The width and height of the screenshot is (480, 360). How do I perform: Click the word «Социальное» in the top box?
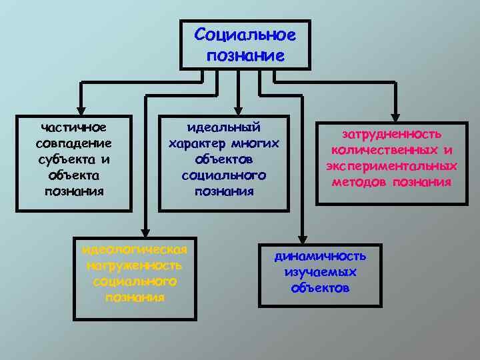[245, 34]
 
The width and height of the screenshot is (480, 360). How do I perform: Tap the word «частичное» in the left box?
[73, 127]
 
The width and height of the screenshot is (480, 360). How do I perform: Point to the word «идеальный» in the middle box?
[224, 127]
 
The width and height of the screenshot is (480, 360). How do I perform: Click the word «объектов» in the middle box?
[224, 159]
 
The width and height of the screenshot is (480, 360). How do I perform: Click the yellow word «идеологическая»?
[135, 250]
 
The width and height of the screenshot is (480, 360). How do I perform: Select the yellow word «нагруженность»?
[135, 266]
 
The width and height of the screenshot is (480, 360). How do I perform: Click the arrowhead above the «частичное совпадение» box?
[80, 111]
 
